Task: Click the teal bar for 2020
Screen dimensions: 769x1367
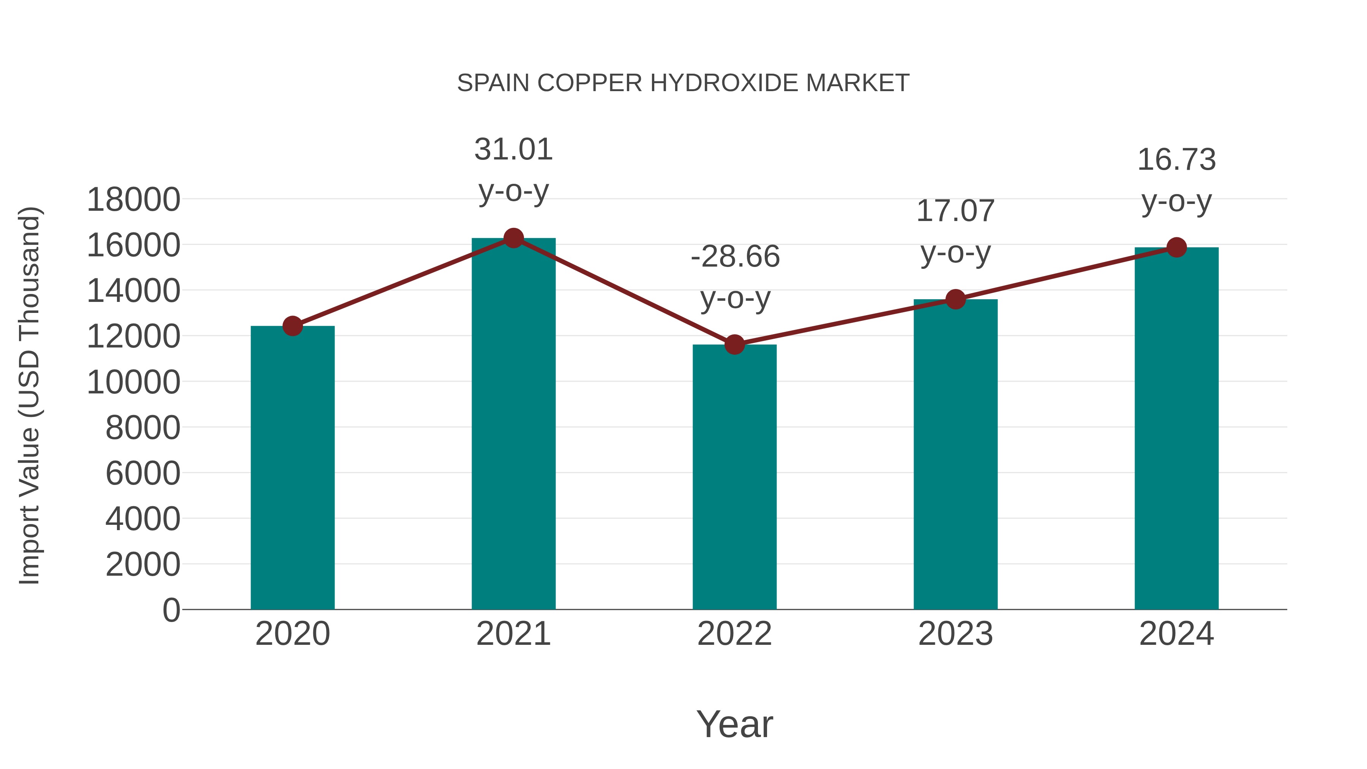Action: pyautogui.click(x=292, y=467)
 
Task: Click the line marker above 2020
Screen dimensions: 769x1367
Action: pyautogui.click(x=292, y=326)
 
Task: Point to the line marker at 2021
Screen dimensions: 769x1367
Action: pyautogui.click(x=513, y=238)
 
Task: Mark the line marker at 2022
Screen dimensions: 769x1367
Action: pyautogui.click(x=734, y=344)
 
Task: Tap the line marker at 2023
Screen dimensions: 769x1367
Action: pyautogui.click(x=955, y=299)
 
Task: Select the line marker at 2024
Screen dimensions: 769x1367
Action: pyautogui.click(x=1176, y=247)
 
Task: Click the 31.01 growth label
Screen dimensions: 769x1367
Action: pyautogui.click(x=513, y=150)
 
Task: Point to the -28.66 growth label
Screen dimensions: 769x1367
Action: pyautogui.click(x=735, y=257)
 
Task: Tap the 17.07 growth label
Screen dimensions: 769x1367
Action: pyautogui.click(x=955, y=211)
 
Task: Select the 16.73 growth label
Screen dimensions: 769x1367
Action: pyautogui.click(x=1176, y=160)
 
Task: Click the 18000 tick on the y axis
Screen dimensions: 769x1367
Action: pyautogui.click(x=133, y=200)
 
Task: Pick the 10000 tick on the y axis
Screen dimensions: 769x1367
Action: pyautogui.click(x=133, y=382)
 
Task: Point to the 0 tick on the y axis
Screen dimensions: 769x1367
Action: pyautogui.click(x=171, y=610)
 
